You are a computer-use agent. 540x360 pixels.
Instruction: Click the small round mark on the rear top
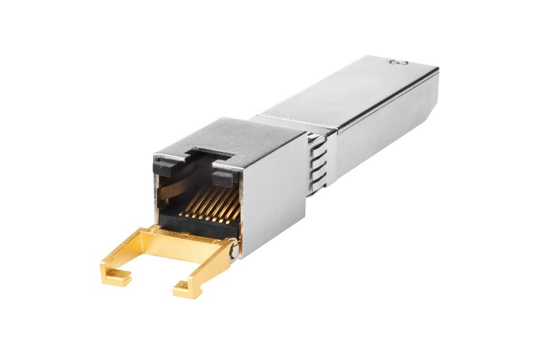tap(395, 63)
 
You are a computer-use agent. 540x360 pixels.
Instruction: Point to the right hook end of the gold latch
tap(185, 286)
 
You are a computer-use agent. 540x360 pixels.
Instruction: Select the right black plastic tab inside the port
tap(223, 177)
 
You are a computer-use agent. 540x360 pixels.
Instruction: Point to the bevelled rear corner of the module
tap(435, 72)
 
